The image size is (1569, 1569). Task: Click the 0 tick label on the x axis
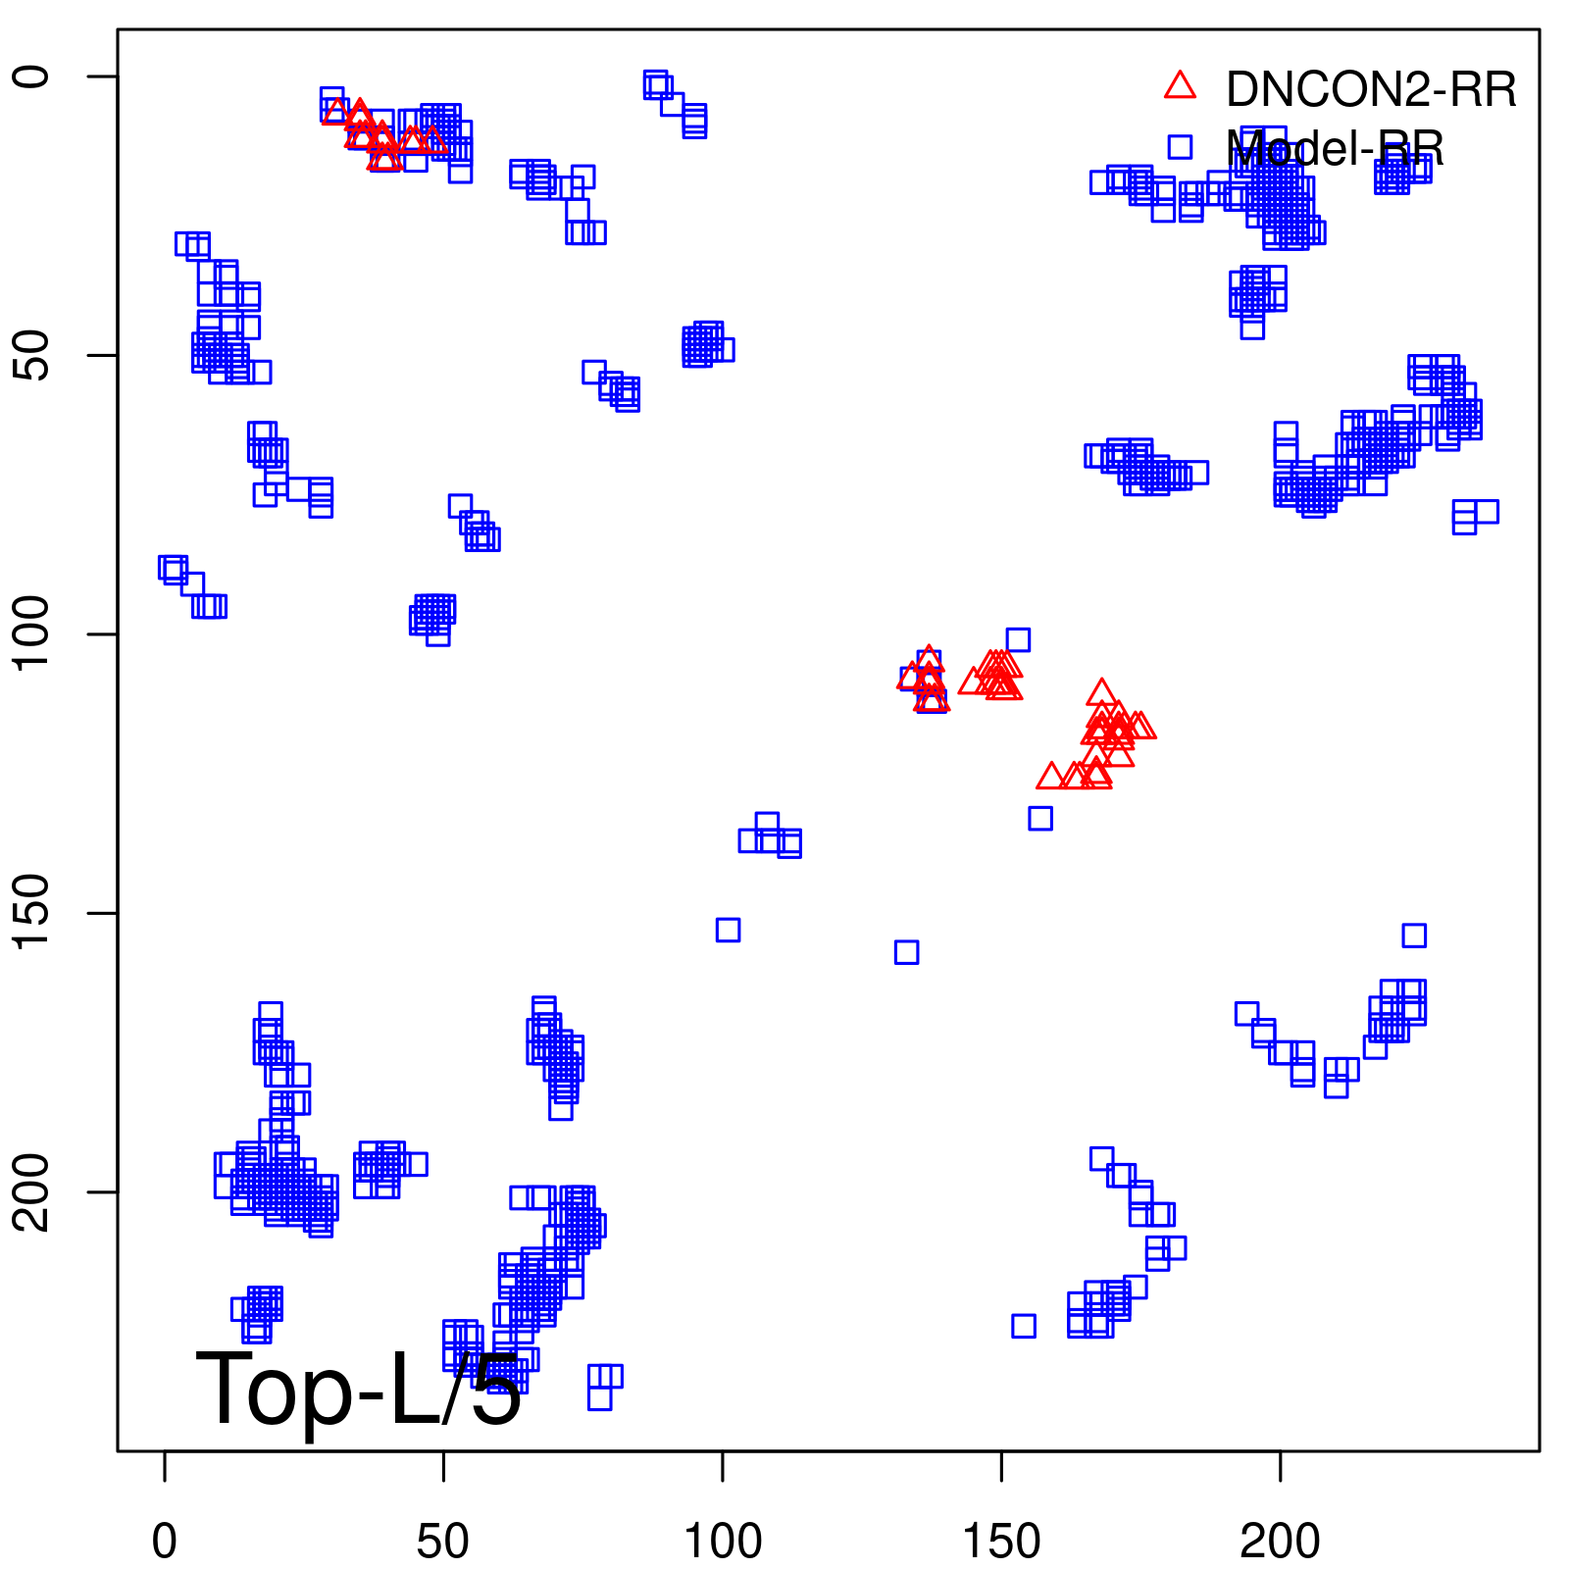(165, 1542)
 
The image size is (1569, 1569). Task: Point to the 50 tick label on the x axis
(443, 1542)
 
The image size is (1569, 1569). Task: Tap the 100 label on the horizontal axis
(723, 1542)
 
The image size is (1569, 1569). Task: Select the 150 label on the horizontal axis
(1001, 1542)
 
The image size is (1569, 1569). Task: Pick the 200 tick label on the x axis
(1280, 1542)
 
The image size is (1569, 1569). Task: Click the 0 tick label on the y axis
(31, 76)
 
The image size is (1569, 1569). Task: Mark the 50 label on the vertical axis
(31, 355)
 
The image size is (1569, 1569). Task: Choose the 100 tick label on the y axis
(31, 633)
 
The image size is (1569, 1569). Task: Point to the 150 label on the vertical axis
(31, 913)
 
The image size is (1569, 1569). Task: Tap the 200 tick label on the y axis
(31, 1191)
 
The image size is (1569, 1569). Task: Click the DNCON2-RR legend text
(1371, 89)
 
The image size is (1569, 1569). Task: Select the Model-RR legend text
(1335, 149)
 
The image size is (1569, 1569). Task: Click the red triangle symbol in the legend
(1180, 86)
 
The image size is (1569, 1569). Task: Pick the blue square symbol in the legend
(1180, 147)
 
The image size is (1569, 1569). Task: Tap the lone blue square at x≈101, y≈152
(728, 930)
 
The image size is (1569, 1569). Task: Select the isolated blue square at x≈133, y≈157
(906, 952)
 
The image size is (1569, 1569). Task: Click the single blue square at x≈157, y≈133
(1040, 818)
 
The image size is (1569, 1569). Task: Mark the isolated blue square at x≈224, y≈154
(1414, 936)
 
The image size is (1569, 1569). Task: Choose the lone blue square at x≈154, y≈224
(1024, 1326)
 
